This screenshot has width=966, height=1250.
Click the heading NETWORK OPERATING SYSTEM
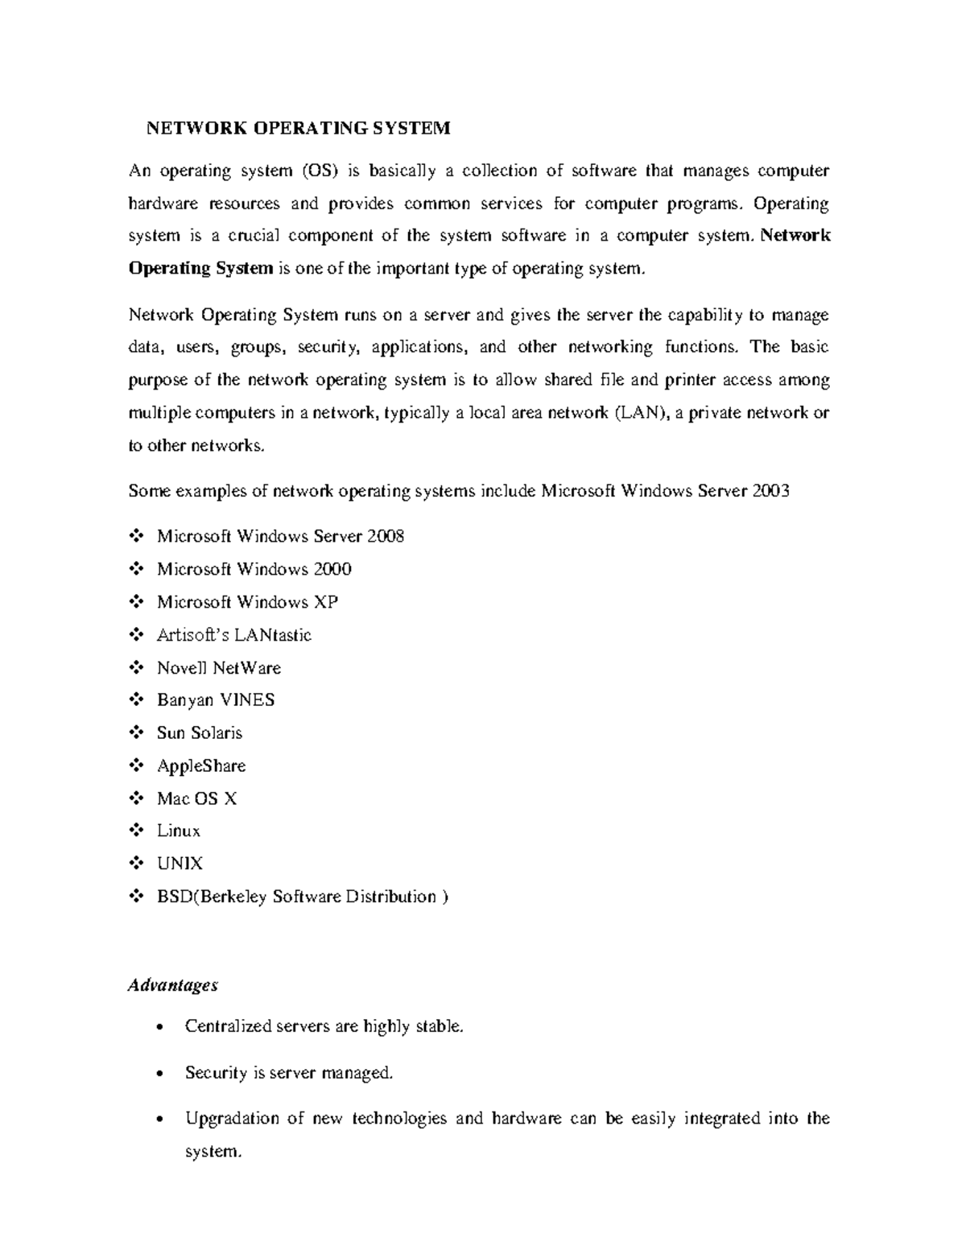pos(297,128)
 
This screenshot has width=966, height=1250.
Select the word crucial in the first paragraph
pos(250,236)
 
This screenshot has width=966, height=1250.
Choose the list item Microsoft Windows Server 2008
pos(280,536)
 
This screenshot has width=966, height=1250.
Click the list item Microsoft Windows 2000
pos(254,569)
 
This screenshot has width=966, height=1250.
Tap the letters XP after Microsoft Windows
pos(325,602)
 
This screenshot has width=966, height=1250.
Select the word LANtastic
pos(272,635)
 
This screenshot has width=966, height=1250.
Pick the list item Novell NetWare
pos(218,668)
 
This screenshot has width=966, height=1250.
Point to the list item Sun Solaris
pos(199,733)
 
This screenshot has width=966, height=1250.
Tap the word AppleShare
pos(201,766)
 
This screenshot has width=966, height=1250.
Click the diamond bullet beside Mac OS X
pos(135,798)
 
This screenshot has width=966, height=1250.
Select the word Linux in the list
pos(178,831)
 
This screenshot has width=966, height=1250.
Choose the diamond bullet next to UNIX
pos(135,864)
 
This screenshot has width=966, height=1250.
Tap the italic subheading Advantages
pos(173,985)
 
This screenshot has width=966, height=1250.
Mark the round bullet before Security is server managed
pos(163,1074)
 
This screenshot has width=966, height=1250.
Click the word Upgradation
pos(232,1119)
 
